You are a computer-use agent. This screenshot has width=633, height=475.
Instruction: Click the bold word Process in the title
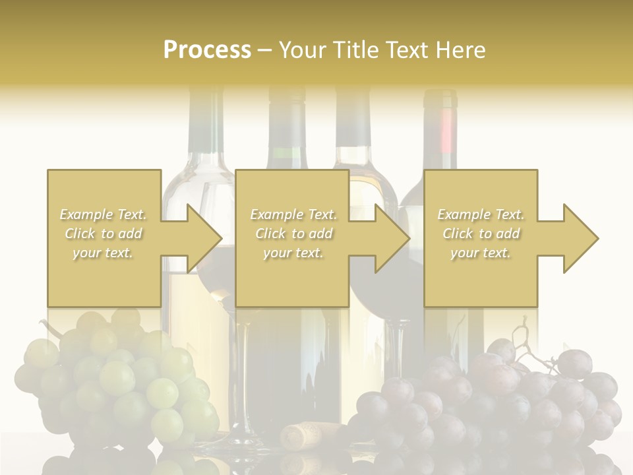coord(207,49)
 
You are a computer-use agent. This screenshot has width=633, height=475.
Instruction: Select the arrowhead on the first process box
coord(204,238)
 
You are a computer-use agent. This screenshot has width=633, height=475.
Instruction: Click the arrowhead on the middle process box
coord(392,238)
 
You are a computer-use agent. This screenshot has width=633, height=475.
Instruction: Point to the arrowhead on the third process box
coord(580,238)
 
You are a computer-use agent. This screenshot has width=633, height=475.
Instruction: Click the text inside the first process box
coord(104,234)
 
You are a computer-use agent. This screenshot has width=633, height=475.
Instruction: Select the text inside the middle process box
coord(293,234)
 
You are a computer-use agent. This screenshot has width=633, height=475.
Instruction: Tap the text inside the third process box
coord(481,234)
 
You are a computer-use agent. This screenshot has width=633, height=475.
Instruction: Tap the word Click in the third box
coord(458,234)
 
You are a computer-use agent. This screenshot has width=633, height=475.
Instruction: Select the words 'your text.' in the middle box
coord(293,253)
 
